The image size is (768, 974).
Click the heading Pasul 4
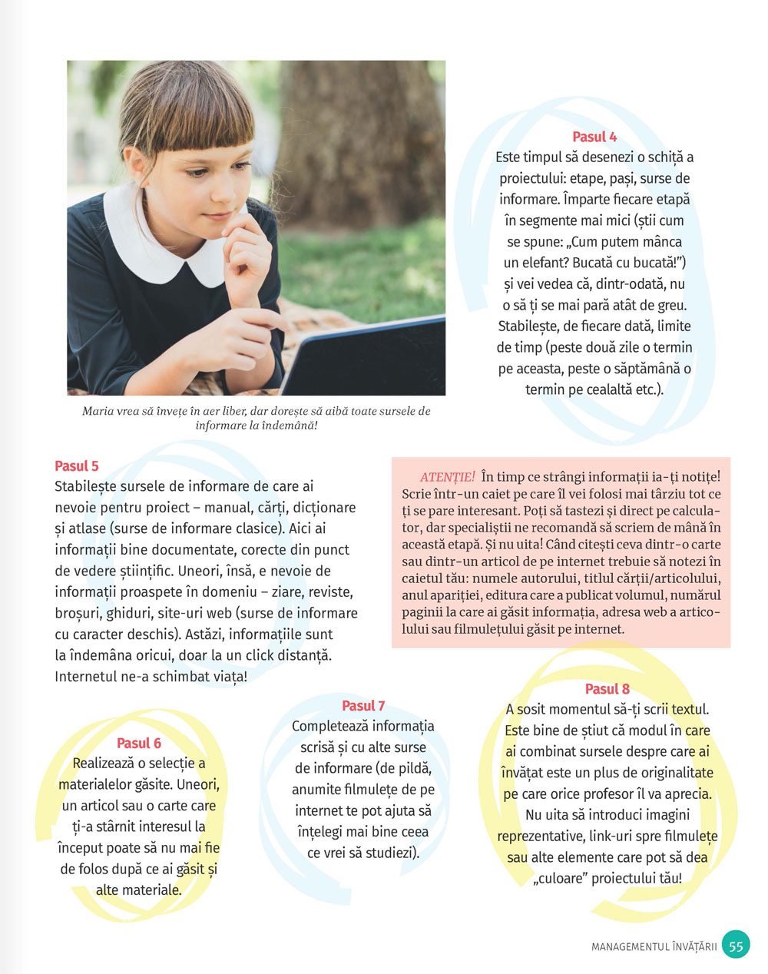[x=594, y=137]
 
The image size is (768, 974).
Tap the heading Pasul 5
[x=77, y=465]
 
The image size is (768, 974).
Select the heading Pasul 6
[x=139, y=743]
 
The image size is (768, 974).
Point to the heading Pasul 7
[x=363, y=705]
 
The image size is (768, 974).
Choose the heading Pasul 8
[x=607, y=688]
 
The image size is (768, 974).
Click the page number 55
[x=736, y=946]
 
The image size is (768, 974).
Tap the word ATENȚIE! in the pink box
[x=448, y=477]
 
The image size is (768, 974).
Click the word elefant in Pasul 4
[x=533, y=262]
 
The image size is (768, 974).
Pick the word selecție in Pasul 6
[x=170, y=764]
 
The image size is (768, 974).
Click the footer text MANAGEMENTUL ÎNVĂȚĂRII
[x=654, y=946]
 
